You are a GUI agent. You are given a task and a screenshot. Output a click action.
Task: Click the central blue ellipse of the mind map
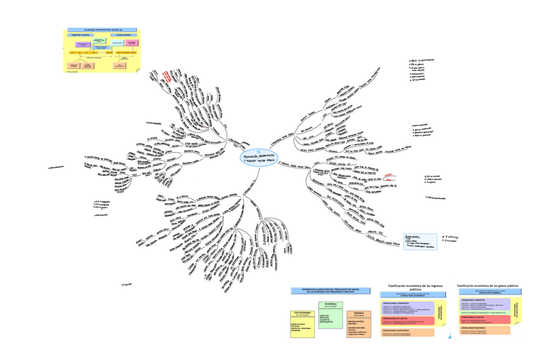pos(259,157)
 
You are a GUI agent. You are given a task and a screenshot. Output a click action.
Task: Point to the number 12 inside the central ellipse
pos(259,150)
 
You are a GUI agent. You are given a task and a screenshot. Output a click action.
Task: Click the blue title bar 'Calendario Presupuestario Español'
pos(102,30)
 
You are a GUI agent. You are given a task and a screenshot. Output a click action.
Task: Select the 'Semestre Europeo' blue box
pos(85,35)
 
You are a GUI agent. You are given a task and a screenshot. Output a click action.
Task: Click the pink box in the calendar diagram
pos(132,43)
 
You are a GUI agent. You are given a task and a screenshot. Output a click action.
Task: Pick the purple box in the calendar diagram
pos(83,45)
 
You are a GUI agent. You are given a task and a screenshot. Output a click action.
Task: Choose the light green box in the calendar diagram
pos(100,41)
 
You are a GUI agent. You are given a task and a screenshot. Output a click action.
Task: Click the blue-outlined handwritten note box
pos(420,241)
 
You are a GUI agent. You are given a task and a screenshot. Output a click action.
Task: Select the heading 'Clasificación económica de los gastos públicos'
pos(488,287)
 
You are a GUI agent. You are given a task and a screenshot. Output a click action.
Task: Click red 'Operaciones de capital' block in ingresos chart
pos(407,321)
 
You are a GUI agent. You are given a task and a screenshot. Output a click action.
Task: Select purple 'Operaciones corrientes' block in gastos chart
pos(486,304)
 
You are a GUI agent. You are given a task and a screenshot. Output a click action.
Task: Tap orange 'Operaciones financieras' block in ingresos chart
pos(407,332)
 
